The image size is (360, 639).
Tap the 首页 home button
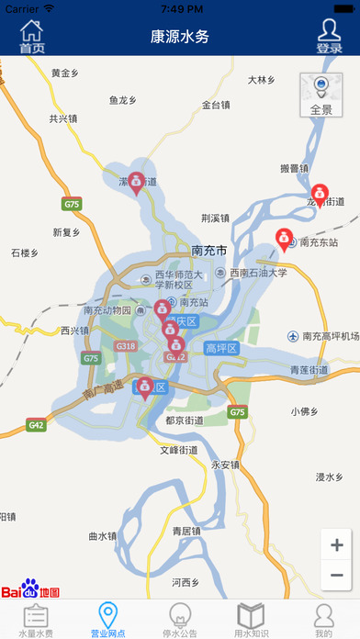[x=32, y=37]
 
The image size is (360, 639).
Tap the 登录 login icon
[x=329, y=37]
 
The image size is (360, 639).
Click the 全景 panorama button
[x=321, y=96]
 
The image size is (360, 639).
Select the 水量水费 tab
[x=36, y=620]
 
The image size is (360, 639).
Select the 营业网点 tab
[x=107, y=620]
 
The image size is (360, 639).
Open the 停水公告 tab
[x=180, y=620]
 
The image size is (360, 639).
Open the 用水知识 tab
[x=251, y=620]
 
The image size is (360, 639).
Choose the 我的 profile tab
[x=323, y=620]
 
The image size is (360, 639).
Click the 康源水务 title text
[x=180, y=37]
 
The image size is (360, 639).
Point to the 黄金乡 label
[x=67, y=73]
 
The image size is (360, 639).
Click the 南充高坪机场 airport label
[x=331, y=336]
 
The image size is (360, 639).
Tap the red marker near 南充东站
[x=284, y=240]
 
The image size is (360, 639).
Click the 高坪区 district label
[x=221, y=348]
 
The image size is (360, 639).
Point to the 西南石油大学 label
[x=258, y=273]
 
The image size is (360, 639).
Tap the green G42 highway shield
[x=37, y=425]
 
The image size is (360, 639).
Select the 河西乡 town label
[x=186, y=582]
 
